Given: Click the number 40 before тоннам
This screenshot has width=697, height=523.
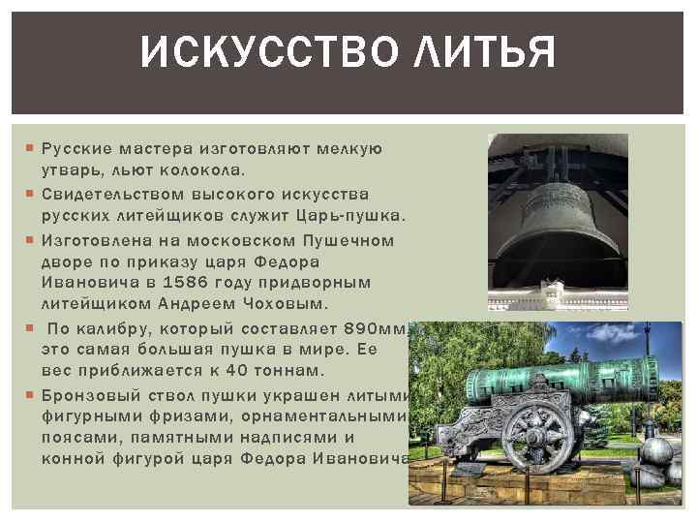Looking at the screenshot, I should coord(237,371).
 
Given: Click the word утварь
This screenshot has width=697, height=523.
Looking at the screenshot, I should coord(69,169).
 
